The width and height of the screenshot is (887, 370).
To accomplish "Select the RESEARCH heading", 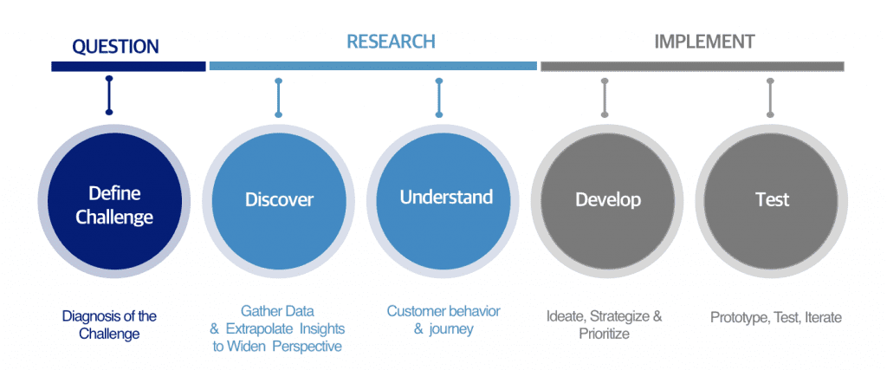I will click(391, 42).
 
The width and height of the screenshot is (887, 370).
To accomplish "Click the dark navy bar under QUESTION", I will click(128, 66).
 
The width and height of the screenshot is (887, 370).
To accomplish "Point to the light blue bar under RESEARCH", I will click(372, 66).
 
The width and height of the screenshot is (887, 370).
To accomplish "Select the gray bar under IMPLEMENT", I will click(692, 66).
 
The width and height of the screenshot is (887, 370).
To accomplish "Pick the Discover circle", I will click(279, 200).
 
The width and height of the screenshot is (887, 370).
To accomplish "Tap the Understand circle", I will click(445, 198).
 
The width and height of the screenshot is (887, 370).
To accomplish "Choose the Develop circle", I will click(608, 200).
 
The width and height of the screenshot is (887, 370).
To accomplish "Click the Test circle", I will click(771, 200).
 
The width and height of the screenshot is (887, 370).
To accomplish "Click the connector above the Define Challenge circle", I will click(108, 96).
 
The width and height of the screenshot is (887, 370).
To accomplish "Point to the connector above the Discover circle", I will click(278, 97).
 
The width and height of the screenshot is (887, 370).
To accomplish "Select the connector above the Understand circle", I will click(439, 97).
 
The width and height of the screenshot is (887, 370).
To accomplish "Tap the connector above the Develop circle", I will click(605, 97).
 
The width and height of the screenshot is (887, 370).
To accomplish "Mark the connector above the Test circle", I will click(770, 97).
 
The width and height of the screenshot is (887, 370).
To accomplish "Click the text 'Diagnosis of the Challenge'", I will click(109, 325).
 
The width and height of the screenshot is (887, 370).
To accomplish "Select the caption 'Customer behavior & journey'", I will click(443, 320).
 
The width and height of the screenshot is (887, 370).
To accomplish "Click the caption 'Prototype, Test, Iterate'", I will click(775, 317).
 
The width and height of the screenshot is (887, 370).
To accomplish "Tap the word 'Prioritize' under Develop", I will click(605, 334).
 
